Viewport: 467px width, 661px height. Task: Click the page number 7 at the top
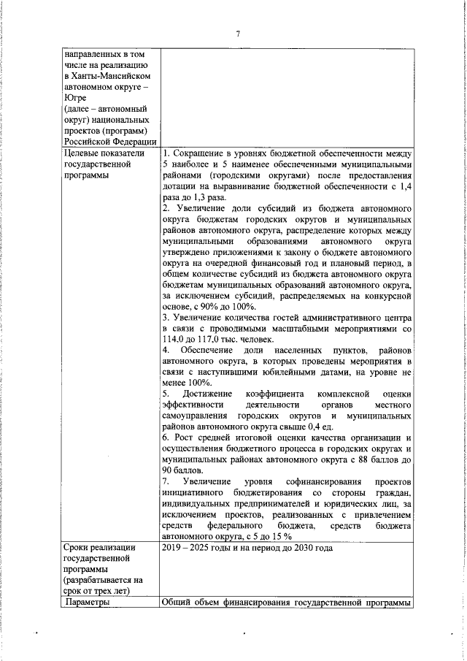[x=238, y=33]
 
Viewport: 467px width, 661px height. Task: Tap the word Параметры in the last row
[x=88, y=603]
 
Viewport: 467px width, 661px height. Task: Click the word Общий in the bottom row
[x=177, y=603]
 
